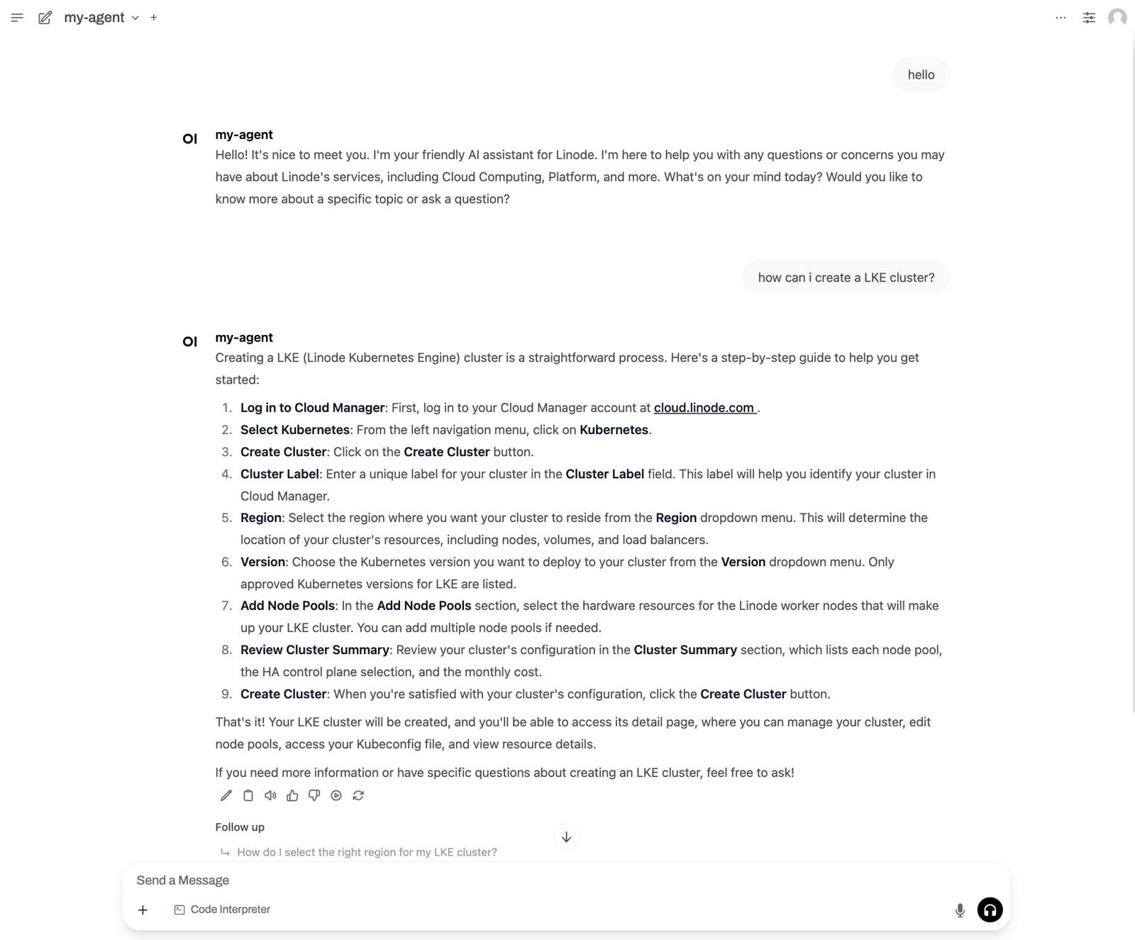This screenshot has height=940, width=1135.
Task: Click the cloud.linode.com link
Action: tap(704, 408)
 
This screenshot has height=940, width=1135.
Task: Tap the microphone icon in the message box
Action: tap(960, 910)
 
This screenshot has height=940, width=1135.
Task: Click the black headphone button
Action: tap(990, 909)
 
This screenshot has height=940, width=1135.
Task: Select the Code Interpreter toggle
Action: tap(222, 909)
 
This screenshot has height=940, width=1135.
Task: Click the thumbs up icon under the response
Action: tap(292, 796)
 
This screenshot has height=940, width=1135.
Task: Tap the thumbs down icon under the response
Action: tap(314, 796)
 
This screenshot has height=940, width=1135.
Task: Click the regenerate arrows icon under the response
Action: tap(358, 796)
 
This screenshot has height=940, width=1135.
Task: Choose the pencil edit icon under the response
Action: tap(226, 796)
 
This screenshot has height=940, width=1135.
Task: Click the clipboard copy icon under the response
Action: tap(248, 796)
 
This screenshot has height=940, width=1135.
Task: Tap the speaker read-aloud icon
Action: tap(270, 796)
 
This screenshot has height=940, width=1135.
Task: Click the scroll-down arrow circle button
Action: tap(566, 837)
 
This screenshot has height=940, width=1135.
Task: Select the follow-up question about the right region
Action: tap(367, 852)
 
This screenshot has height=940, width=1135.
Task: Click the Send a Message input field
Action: tap(539, 880)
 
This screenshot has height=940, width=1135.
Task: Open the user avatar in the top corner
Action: tap(1117, 18)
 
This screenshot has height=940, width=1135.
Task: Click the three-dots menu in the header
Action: tap(1061, 18)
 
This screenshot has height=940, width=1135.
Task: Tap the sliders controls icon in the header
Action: tap(1089, 18)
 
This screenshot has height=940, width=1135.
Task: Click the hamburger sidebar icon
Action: tap(17, 18)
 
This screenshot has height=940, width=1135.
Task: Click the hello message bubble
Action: tap(921, 74)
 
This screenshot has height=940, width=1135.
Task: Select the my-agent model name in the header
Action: tap(94, 18)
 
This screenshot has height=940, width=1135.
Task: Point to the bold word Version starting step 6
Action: tap(262, 562)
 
